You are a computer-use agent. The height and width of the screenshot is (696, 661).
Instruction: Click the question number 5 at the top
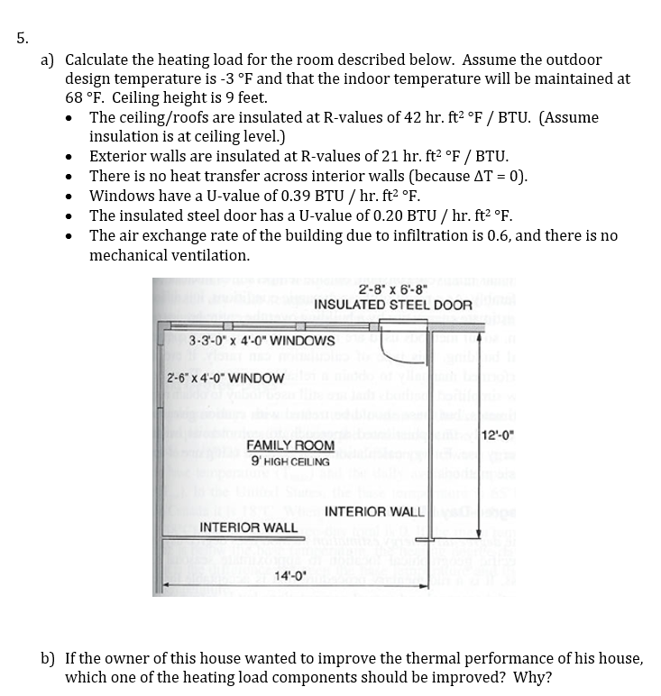(x=22, y=38)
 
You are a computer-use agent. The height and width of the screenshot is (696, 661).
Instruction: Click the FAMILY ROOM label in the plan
(x=290, y=446)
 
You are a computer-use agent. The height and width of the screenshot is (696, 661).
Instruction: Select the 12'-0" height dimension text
(x=500, y=438)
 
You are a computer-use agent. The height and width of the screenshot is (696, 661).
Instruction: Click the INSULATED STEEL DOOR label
(x=392, y=305)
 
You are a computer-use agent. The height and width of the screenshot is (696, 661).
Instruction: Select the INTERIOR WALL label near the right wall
(x=373, y=512)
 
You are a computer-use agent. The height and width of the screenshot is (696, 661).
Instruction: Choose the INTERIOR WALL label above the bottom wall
(x=248, y=527)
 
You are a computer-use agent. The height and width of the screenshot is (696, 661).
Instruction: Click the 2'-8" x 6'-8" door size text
(x=392, y=289)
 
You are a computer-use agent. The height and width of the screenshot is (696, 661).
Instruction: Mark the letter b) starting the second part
(x=49, y=658)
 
